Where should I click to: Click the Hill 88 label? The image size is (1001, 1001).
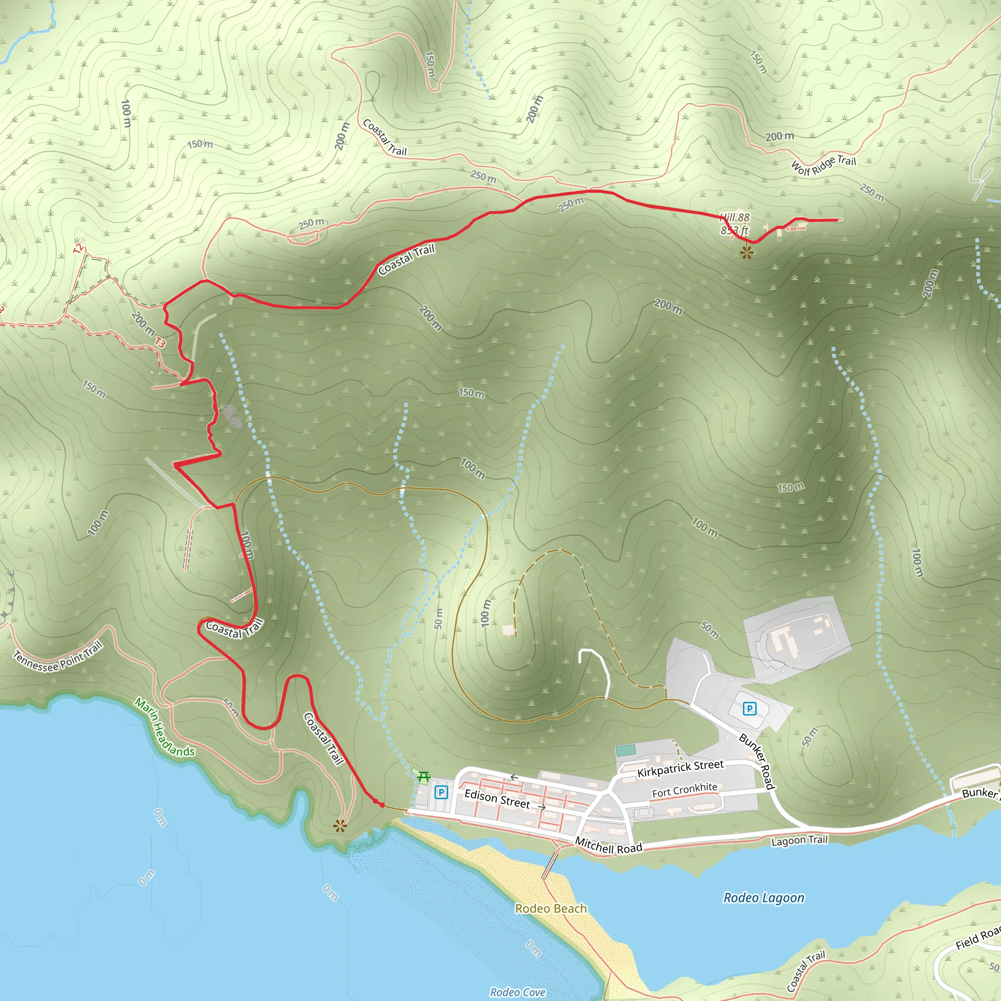[x=735, y=218]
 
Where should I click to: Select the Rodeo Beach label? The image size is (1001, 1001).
[x=551, y=908]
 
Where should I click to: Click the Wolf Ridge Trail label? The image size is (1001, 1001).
[x=823, y=165]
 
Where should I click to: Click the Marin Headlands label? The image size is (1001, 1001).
[x=164, y=727]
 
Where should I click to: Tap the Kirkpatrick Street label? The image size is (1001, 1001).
[x=680, y=768]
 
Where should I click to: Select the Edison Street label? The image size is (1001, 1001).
[x=497, y=799]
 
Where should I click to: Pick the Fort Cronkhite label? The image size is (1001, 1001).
[x=684, y=790]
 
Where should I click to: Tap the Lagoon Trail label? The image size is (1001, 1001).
[x=799, y=840]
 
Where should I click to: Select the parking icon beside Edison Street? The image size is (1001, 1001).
[x=441, y=792]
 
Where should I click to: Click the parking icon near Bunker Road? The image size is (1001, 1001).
[x=749, y=708]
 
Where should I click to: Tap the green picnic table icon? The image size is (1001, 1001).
[x=423, y=777]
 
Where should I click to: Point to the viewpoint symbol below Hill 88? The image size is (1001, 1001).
[x=746, y=252]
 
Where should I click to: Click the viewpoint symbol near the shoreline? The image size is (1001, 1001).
[x=340, y=826]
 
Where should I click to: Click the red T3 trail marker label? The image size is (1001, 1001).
[x=160, y=343]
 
